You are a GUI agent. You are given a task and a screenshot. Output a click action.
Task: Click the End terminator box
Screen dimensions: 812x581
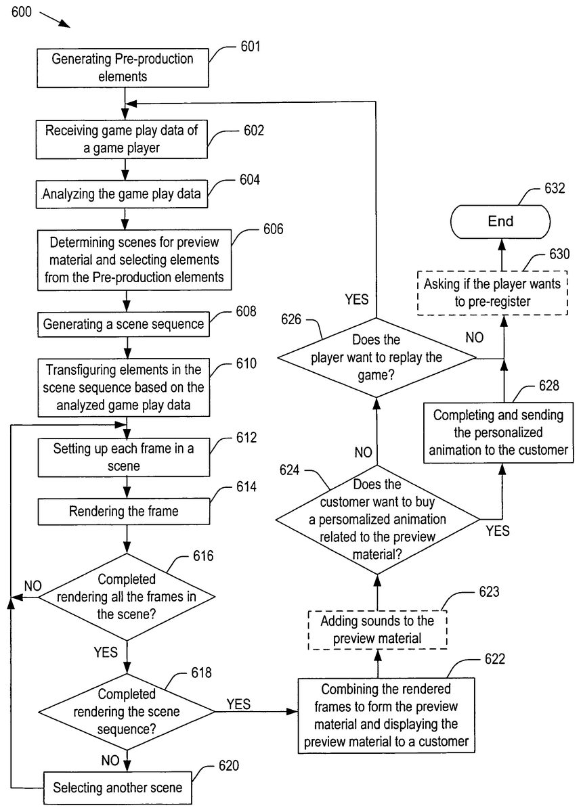click(x=502, y=221)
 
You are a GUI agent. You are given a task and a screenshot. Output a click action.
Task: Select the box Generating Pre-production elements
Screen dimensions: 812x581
click(x=123, y=68)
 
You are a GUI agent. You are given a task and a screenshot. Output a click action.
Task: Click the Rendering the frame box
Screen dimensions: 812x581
click(x=124, y=512)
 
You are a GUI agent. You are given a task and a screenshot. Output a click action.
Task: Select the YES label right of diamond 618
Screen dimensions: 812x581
click(x=238, y=704)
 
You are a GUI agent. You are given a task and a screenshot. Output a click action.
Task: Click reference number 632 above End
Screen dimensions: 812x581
click(x=554, y=187)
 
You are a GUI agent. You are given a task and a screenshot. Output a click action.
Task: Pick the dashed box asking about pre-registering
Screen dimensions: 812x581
click(x=502, y=293)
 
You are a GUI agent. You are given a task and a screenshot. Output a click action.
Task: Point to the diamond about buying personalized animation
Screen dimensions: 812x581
click(x=376, y=520)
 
